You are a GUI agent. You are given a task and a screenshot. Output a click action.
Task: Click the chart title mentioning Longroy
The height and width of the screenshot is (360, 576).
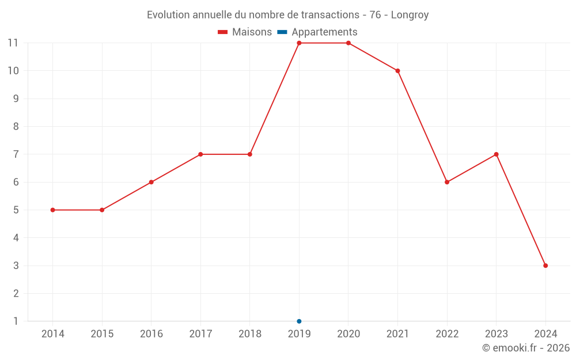pos(287,15)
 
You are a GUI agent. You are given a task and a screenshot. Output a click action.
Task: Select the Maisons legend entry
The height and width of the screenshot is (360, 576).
pos(245,32)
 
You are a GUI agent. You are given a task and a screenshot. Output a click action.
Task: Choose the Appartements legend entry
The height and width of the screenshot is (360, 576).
pos(317,32)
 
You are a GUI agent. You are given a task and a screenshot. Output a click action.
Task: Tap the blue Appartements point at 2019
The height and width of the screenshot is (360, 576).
pos(299,321)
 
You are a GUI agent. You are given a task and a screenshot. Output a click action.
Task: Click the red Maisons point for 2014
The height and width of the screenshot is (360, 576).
pos(53,210)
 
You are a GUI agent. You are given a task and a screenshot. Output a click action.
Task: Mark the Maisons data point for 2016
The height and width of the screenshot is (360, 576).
pos(151,182)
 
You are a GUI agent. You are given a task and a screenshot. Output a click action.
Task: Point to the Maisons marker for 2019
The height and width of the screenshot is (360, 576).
pos(299,43)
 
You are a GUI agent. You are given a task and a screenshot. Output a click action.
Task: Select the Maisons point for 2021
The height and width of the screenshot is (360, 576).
pos(397,71)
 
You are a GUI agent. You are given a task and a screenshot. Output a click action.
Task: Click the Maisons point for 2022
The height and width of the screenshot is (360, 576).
pos(447,182)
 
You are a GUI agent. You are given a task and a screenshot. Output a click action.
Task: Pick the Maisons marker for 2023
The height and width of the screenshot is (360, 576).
pos(496,154)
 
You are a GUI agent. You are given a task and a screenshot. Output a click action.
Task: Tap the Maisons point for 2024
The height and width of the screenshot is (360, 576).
pos(545,266)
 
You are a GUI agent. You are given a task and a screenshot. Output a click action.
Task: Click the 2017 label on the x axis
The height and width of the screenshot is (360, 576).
pos(200,334)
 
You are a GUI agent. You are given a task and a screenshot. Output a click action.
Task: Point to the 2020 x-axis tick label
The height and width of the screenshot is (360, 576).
pos(348,334)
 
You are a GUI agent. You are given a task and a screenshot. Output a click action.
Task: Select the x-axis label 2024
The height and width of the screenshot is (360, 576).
pos(545,334)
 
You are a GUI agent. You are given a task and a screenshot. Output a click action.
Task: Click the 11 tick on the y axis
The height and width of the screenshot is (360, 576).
pos(13,43)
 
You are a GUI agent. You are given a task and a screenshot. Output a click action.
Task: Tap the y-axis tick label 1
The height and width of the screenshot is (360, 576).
pos(16,321)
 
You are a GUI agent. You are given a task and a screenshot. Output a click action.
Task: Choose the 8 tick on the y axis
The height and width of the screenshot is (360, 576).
pos(16,127)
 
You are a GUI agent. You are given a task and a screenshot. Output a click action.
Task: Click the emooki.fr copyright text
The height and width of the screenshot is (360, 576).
pos(526,348)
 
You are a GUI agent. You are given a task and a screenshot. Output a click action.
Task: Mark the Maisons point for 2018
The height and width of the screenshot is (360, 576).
pos(250,154)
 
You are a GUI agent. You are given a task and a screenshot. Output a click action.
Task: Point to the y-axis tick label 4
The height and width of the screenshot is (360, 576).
pos(16,238)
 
